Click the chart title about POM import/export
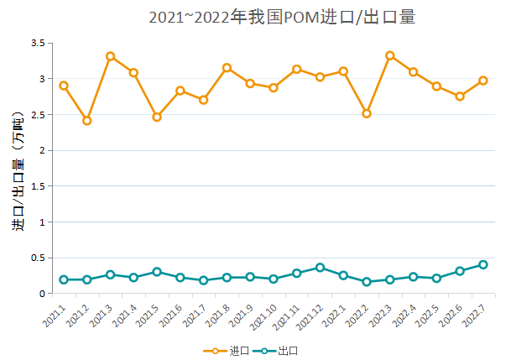(x=282, y=18)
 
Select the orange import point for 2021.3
(x=110, y=56)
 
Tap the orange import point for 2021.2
(x=87, y=121)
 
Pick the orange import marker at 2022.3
(x=390, y=55)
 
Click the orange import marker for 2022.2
(x=367, y=113)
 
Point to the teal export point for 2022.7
(x=483, y=264)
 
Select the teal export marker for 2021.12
(x=320, y=268)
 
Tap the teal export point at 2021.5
(x=157, y=272)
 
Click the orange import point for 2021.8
(x=227, y=67)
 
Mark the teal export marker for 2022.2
(x=367, y=282)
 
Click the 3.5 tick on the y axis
(x=37, y=43)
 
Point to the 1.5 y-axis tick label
(x=37, y=186)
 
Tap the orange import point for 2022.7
(x=483, y=81)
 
